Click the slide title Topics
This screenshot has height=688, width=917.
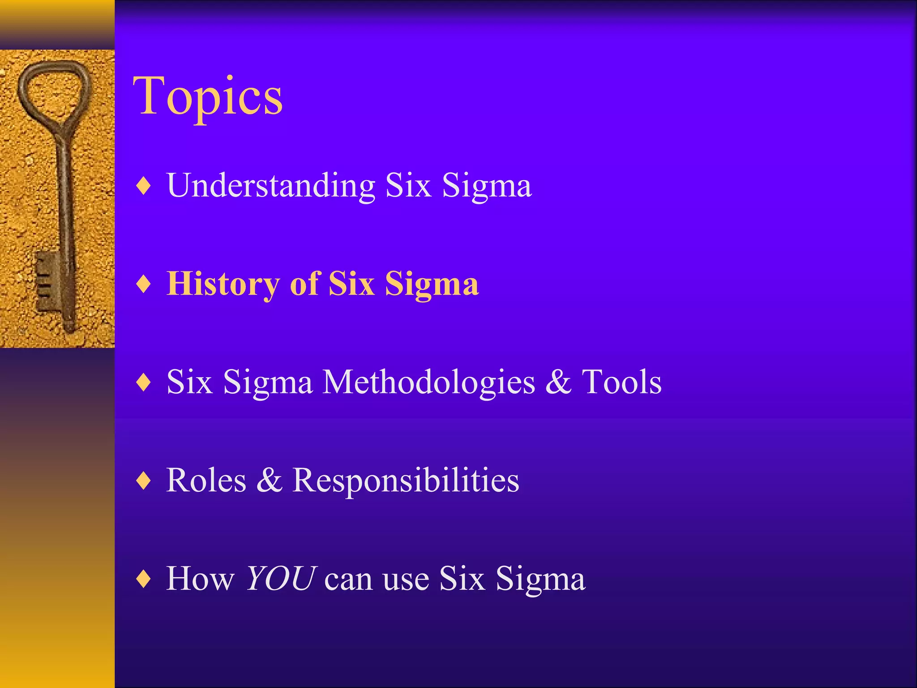207,96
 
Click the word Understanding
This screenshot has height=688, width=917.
270,185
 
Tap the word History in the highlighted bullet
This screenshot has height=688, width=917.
223,284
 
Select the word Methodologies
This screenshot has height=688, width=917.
429,383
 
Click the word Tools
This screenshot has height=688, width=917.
621,382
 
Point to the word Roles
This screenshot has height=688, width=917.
206,480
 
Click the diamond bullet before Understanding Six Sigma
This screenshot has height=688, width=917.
143,186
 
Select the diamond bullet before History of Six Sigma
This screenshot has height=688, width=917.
143,284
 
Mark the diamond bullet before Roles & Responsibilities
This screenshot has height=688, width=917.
143,481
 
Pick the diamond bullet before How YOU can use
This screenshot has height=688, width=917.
143,579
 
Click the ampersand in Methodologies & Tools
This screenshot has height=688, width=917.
558,382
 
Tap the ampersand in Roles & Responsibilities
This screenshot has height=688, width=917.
269,480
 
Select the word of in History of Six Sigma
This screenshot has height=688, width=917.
304,284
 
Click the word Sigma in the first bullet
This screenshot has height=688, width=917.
487,185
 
